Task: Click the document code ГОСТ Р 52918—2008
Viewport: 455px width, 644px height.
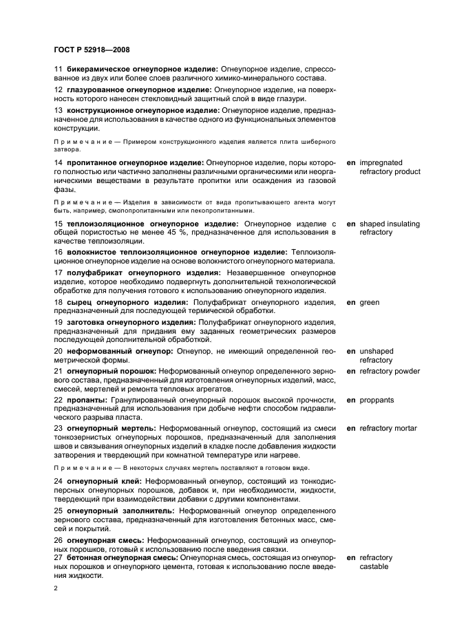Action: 90,50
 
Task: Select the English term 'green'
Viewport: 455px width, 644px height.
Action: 370,302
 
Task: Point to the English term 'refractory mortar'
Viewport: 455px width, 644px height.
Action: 388,428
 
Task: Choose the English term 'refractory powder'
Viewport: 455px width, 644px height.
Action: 390,372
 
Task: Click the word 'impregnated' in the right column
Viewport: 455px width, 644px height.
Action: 381,162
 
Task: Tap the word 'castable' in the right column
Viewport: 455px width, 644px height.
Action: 374,567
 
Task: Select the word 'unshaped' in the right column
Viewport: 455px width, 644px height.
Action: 377,351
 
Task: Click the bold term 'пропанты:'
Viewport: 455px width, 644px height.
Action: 86,400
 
